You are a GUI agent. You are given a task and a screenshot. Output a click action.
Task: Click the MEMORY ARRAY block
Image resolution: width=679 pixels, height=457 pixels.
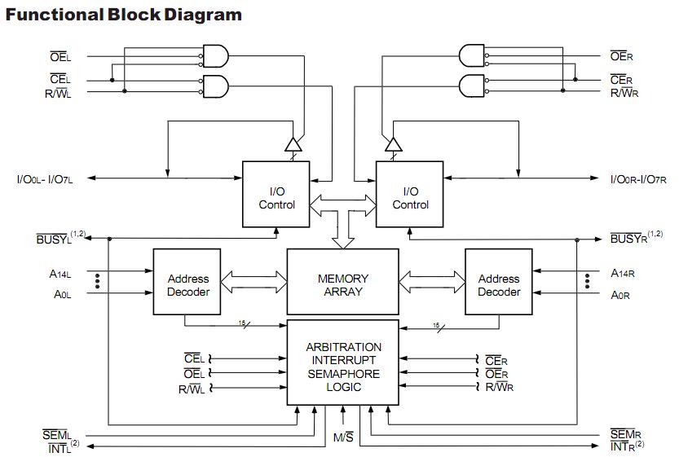pos(342,284)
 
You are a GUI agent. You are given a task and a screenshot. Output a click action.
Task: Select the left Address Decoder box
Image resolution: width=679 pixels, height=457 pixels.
pos(188,284)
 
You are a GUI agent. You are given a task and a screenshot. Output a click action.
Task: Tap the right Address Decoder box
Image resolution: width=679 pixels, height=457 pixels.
pos(499,284)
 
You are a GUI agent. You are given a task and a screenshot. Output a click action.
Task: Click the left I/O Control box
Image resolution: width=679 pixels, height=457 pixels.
pos(276,198)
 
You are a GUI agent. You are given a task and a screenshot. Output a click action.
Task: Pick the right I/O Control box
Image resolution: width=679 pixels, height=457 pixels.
pos(410,198)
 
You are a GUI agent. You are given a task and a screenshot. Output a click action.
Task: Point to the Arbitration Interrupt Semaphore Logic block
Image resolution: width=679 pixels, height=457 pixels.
pos(342,367)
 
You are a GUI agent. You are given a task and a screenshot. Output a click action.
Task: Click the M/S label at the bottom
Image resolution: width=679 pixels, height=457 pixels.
pos(343,438)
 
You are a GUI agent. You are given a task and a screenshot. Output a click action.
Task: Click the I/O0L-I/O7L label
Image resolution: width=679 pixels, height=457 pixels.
pos(45,178)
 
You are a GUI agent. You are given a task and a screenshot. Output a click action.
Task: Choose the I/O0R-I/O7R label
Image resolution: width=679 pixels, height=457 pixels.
pos(638,178)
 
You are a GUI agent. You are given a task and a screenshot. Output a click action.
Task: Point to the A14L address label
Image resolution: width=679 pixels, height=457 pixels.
pos(60,274)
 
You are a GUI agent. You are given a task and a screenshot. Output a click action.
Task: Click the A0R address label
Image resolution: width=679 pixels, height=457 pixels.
pos(621,295)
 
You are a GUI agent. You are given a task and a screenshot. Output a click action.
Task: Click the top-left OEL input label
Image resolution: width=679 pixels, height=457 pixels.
pos(60,57)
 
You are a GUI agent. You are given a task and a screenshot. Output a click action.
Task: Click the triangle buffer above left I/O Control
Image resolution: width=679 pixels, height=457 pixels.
pos(292,144)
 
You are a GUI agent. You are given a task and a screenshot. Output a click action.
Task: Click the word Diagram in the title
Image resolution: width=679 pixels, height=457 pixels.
pos(205,15)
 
